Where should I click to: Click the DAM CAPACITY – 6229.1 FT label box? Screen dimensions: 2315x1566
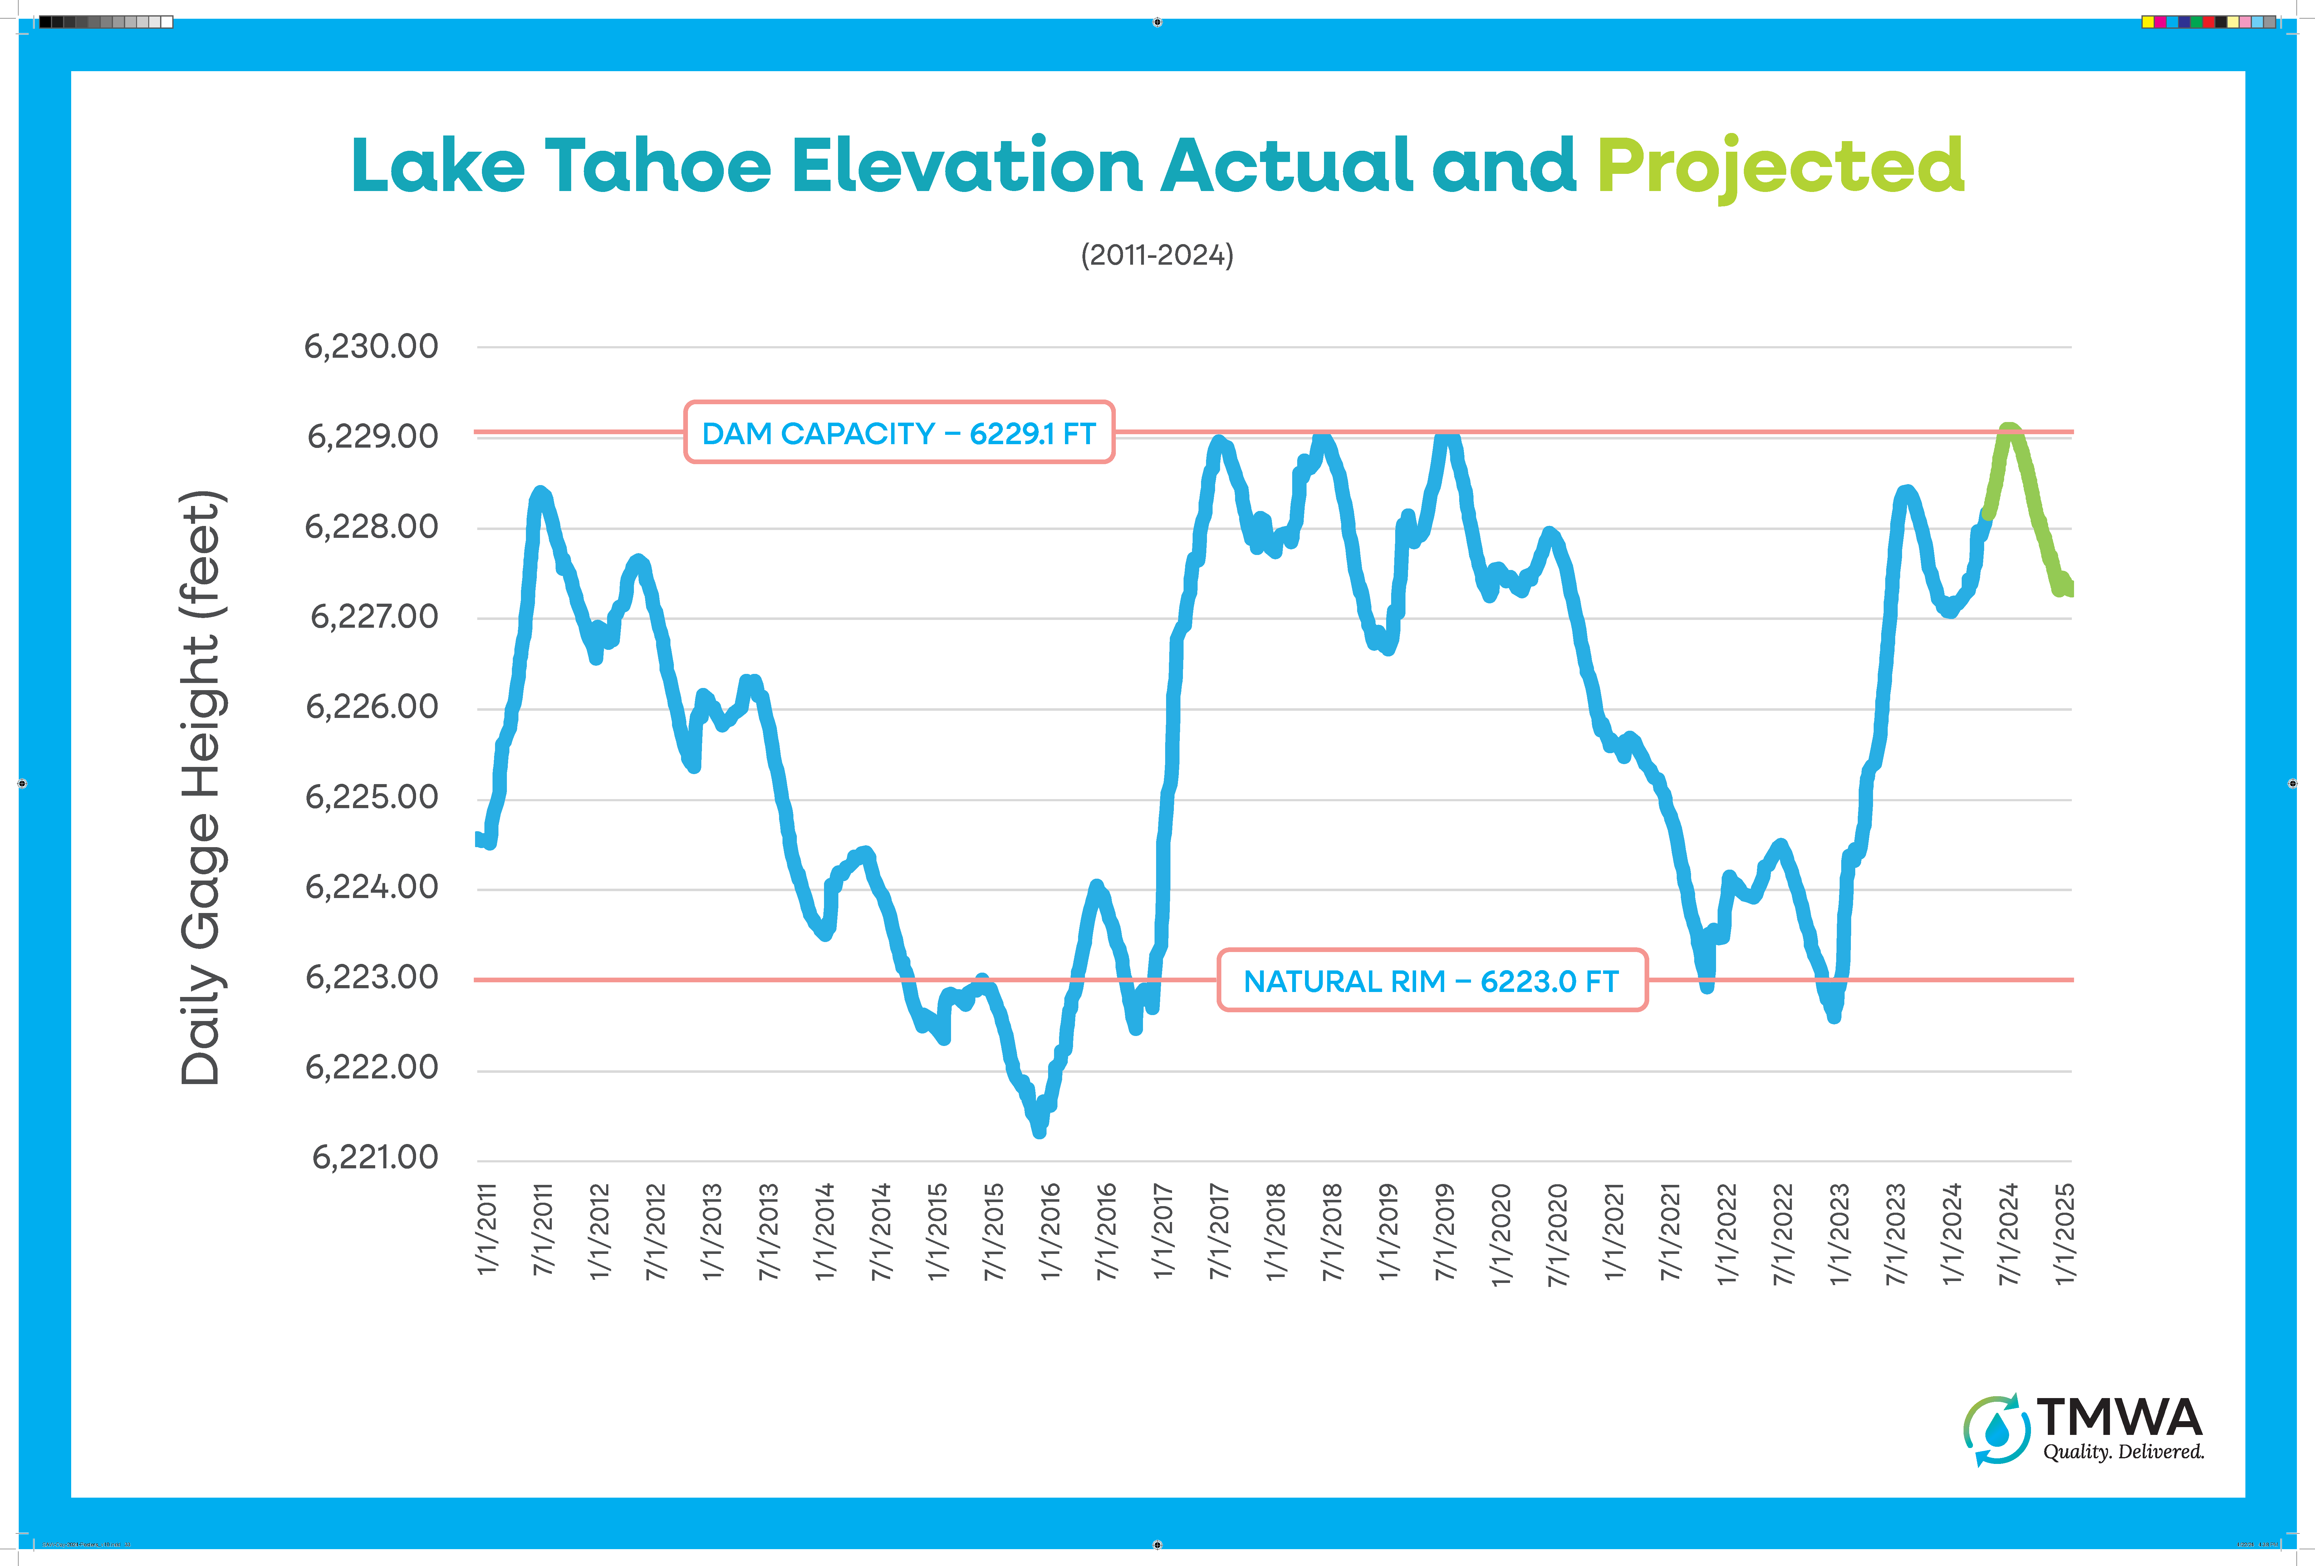[x=899, y=432]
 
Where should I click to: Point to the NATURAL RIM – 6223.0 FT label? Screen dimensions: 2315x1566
[x=1431, y=980]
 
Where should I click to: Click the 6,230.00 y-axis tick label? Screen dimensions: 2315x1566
[x=370, y=347]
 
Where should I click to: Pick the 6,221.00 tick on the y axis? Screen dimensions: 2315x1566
[x=375, y=1157]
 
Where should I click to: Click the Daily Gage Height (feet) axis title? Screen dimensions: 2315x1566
[x=202, y=787]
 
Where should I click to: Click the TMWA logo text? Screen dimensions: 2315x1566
[x=2119, y=1416]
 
